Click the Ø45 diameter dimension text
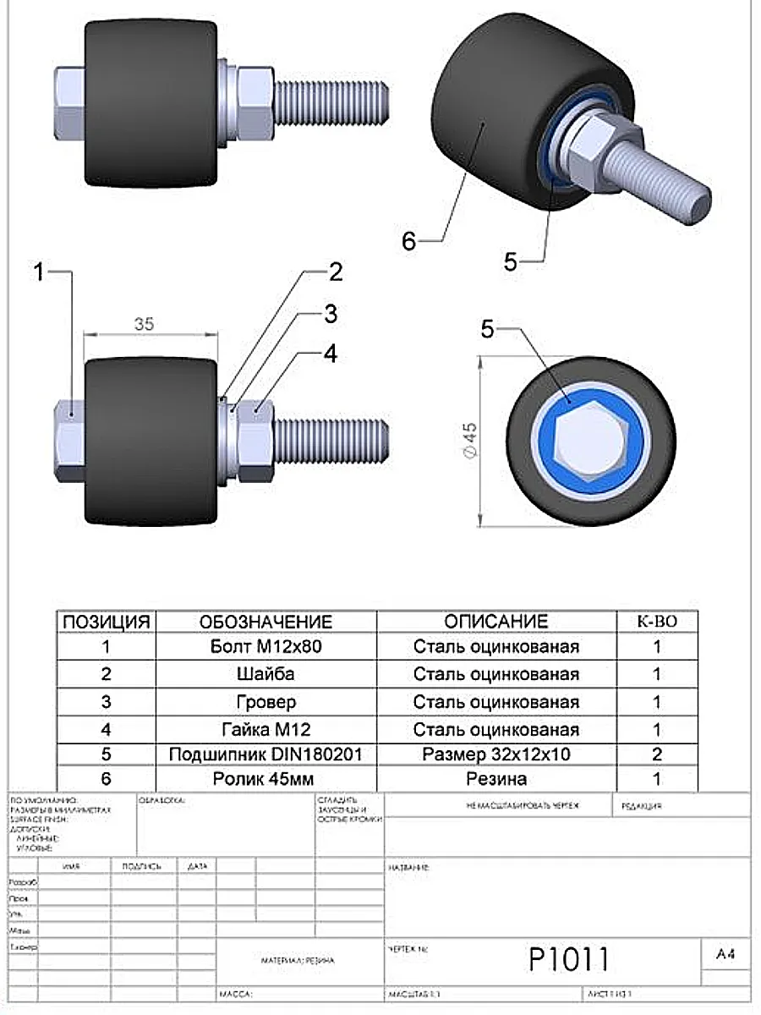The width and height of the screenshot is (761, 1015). [x=471, y=440]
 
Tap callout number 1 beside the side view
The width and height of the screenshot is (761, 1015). [x=39, y=272]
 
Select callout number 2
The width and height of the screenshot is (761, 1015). [x=335, y=272]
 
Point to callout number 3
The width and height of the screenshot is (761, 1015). [x=330, y=314]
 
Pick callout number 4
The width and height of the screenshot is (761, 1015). [x=331, y=354]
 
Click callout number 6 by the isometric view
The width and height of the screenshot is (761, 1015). [x=409, y=241]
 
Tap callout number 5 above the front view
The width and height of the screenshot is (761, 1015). [x=488, y=328]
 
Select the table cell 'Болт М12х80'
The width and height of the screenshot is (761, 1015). [x=266, y=647]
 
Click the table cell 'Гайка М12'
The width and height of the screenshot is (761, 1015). [x=266, y=727]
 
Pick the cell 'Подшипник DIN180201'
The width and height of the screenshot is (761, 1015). [x=266, y=754]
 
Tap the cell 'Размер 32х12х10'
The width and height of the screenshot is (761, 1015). [x=496, y=754]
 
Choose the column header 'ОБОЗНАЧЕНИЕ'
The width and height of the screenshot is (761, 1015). [x=266, y=622]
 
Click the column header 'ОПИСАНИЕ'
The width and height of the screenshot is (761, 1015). [x=496, y=622]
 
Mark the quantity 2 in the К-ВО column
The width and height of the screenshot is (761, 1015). [x=657, y=754]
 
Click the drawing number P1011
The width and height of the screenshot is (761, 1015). [x=568, y=960]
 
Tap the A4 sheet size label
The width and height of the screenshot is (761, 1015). [x=725, y=955]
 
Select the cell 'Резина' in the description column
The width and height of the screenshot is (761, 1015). [x=496, y=779]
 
